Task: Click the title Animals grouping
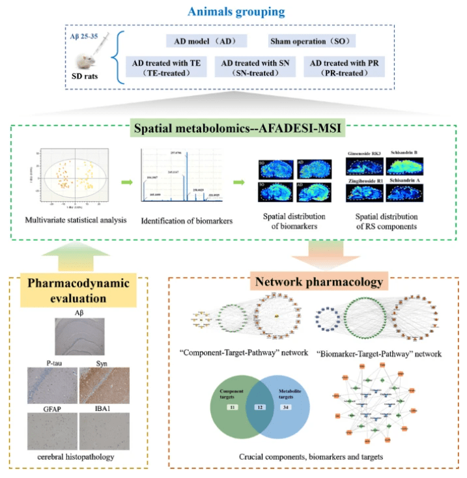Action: pyautogui.click(x=233, y=11)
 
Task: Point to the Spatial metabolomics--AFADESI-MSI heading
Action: pyautogui.click(x=233, y=128)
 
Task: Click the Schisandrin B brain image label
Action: pyautogui.click(x=405, y=153)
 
